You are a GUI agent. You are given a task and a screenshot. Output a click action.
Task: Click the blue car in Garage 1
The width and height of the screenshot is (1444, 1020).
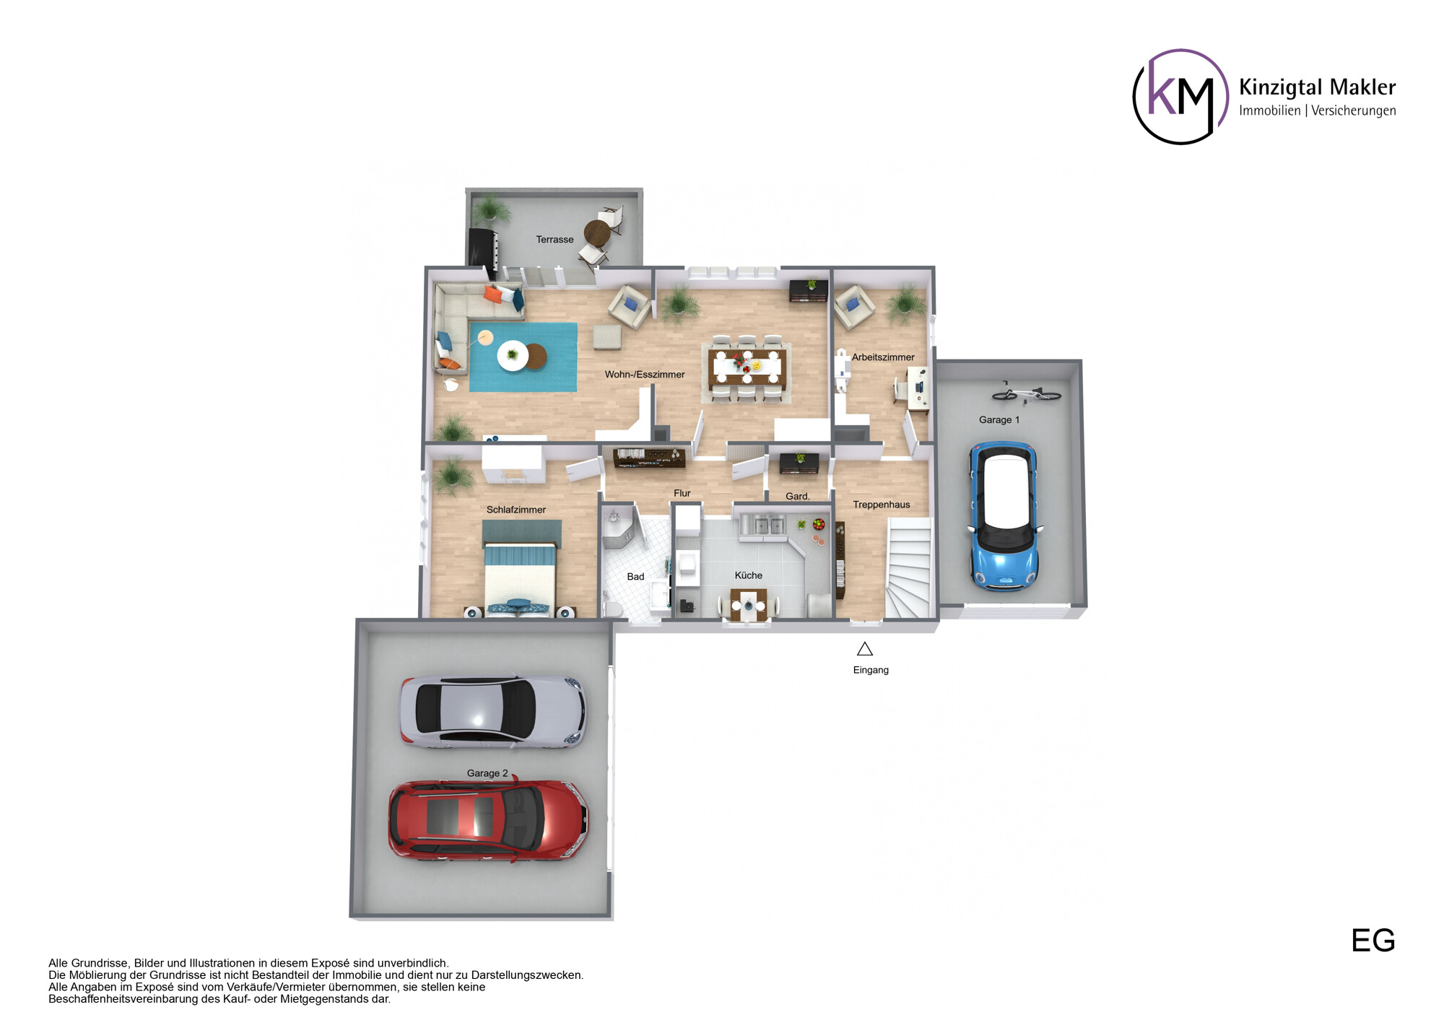click(x=1004, y=518)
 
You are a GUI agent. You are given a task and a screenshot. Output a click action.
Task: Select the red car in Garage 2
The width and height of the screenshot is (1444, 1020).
click(x=488, y=821)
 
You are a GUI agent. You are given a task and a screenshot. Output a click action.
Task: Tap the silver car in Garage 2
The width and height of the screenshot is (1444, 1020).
click(x=492, y=711)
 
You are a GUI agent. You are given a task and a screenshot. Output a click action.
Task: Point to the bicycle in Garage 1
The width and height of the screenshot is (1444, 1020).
click(x=1026, y=393)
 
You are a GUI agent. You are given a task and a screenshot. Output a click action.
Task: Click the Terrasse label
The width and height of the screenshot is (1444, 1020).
click(x=554, y=240)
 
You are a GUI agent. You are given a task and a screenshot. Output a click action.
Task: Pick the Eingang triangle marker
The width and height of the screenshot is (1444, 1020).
click(x=865, y=649)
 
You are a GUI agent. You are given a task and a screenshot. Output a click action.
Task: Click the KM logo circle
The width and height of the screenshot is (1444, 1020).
click(x=1180, y=97)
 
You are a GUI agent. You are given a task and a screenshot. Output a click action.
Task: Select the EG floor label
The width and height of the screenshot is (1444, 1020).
click(x=1373, y=941)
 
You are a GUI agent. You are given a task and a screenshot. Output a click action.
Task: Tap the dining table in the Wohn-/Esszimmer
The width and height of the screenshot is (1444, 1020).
click(x=747, y=367)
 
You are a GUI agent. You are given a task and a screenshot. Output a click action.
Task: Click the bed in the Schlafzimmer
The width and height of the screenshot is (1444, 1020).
click(x=520, y=577)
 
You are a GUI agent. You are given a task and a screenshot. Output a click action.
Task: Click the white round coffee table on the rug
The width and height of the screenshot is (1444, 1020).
click(x=513, y=355)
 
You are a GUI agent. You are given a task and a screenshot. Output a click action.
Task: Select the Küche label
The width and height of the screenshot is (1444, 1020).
click(x=748, y=575)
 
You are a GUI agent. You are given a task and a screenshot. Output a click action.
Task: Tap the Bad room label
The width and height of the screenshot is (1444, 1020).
click(x=635, y=577)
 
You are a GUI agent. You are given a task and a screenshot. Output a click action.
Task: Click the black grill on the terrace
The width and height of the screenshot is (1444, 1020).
click(x=482, y=247)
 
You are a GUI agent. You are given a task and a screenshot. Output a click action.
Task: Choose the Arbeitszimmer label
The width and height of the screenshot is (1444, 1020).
click(x=882, y=357)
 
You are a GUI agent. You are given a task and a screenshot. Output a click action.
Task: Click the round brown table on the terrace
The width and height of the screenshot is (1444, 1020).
click(x=596, y=232)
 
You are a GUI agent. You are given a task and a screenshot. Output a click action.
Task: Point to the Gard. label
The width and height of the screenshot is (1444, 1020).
click(x=797, y=496)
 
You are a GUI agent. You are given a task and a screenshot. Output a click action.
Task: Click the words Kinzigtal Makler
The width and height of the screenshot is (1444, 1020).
click(x=1317, y=87)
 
